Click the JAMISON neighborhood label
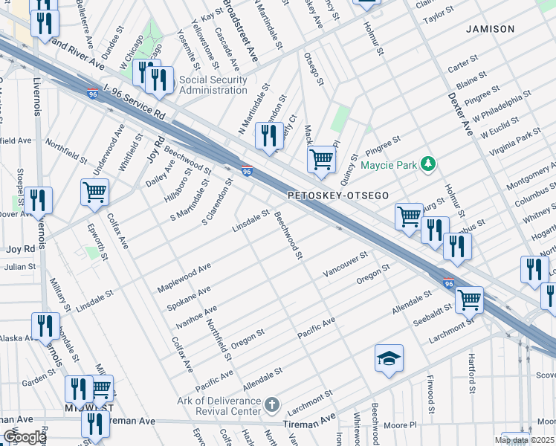point(490,29)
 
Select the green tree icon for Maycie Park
point(427,163)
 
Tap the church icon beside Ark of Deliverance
point(273,405)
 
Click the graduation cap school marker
point(389,359)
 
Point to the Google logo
point(24,437)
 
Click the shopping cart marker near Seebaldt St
point(469,300)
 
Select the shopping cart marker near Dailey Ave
point(95,192)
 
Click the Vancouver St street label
point(345,265)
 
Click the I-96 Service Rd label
point(134,105)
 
